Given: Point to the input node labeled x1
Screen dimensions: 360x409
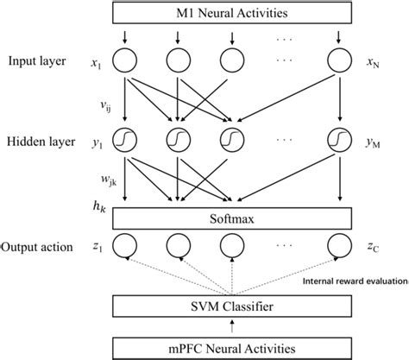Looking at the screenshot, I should tap(126, 62).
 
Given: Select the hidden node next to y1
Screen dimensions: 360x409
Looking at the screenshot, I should tap(126, 139).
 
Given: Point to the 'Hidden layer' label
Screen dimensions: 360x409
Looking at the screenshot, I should tap(39, 139).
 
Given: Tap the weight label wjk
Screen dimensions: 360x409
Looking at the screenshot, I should tap(109, 180).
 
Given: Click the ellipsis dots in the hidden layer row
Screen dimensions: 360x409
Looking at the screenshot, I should tap(286, 139).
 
